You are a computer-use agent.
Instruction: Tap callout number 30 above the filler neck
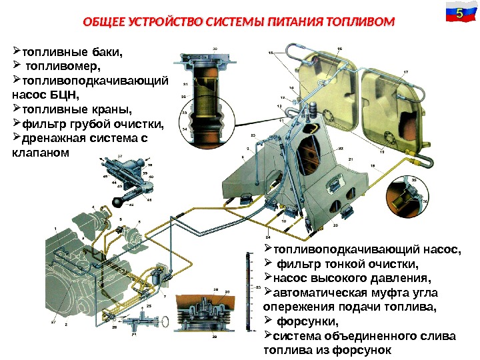click(x=215, y=49)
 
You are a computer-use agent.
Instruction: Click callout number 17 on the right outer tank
click(x=406, y=71)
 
